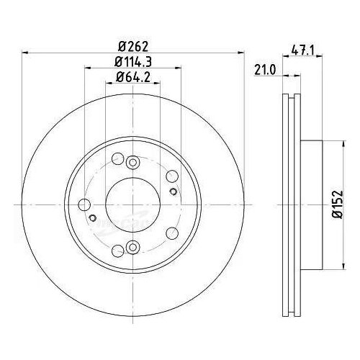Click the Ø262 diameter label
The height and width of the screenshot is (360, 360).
[133, 46]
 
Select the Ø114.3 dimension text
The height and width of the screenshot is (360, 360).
[133, 62]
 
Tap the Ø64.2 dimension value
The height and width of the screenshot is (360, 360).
[133, 77]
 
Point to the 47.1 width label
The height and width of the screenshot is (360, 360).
[302, 50]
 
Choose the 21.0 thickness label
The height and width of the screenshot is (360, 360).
[265, 70]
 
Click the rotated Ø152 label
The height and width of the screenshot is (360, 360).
[338, 204]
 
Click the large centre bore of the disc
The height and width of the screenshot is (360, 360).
[132, 204]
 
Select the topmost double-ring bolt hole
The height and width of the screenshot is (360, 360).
[132, 163]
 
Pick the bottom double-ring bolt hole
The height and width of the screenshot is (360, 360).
[132, 247]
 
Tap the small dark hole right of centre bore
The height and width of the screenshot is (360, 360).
[173, 192]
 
